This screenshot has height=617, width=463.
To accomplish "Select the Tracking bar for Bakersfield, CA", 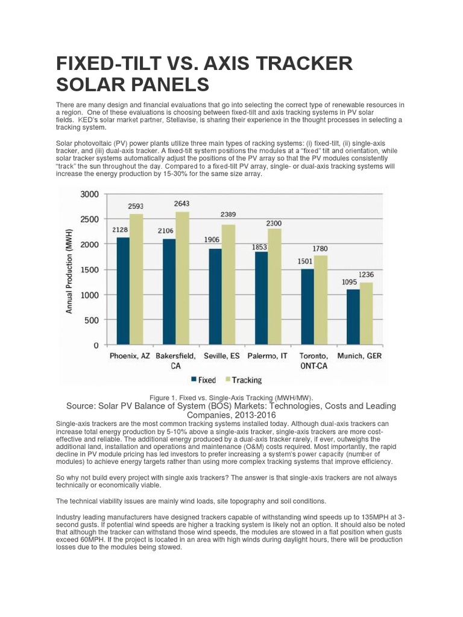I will click(x=181, y=278).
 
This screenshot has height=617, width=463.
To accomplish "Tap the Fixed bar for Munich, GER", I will click(x=353, y=318).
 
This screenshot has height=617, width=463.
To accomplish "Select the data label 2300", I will click(x=274, y=224).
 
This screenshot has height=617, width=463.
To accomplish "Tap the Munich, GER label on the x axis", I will click(x=359, y=356).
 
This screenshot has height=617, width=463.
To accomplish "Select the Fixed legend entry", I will click(x=203, y=380).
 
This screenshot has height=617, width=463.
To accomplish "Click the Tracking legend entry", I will click(x=244, y=380).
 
